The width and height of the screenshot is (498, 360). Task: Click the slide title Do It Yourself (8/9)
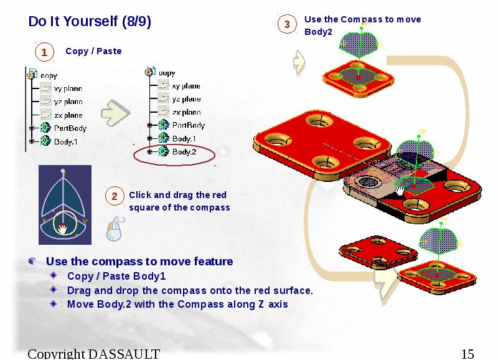(90, 22)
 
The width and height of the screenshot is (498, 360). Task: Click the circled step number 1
(44, 53)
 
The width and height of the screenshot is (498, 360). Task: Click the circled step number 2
(115, 197)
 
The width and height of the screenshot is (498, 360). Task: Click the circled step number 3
(287, 25)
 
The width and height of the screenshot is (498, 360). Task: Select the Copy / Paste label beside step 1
(93, 51)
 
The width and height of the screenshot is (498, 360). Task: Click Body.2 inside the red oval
(184, 151)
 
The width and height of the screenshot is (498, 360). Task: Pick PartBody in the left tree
(70, 128)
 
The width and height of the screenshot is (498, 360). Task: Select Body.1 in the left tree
(65, 141)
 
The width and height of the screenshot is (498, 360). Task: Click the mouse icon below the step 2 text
(114, 230)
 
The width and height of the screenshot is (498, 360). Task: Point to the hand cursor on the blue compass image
(62, 229)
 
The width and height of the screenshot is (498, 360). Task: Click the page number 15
(467, 354)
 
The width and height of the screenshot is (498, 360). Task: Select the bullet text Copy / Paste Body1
(116, 276)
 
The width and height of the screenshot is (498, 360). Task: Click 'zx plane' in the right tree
(187, 113)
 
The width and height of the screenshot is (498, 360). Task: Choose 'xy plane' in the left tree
(68, 88)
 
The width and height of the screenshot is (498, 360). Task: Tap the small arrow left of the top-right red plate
(299, 61)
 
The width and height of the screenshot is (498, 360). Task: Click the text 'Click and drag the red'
(177, 195)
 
